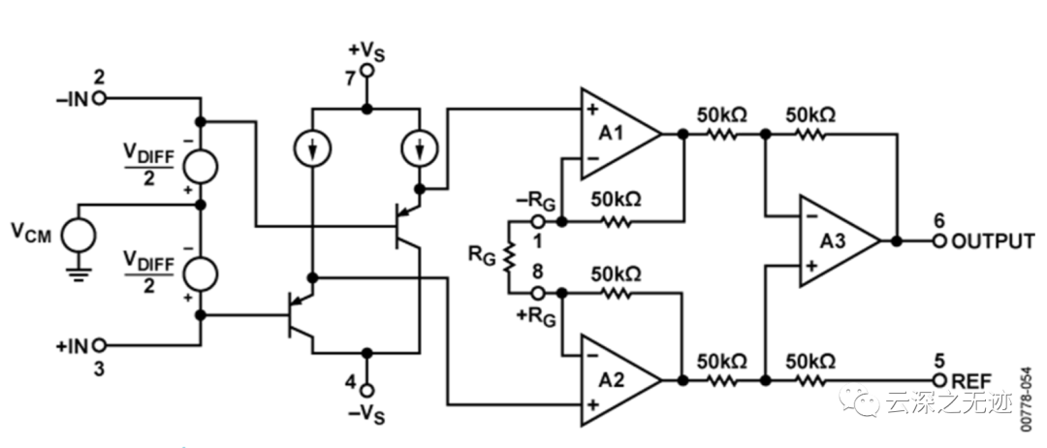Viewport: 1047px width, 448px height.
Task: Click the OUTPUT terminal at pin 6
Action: click(938, 240)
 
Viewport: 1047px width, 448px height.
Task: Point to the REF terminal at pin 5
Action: click(938, 380)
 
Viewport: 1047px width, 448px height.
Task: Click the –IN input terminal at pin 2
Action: click(99, 98)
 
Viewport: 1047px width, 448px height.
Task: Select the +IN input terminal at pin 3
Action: click(99, 344)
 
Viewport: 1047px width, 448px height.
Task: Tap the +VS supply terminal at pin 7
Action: click(365, 71)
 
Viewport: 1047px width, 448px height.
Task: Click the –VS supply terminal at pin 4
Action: click(365, 381)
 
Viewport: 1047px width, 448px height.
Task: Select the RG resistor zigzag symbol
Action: click(507, 257)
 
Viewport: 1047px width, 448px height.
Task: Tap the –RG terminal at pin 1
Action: click(539, 222)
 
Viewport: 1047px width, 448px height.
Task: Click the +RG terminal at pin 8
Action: click(539, 292)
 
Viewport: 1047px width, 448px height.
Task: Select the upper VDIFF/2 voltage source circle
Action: click(202, 164)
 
